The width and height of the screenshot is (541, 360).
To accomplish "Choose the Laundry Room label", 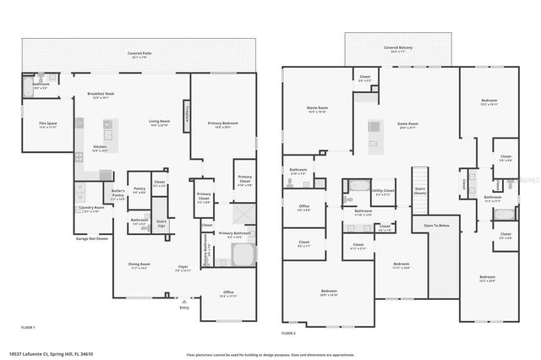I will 91,208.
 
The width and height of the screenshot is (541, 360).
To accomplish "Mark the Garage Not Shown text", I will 92,238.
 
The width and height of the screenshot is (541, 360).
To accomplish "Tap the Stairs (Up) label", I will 161,224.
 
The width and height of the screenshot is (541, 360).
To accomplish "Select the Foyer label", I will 183,268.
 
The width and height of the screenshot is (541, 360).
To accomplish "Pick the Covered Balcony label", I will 397,48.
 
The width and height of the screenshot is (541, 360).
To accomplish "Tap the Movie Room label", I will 317,109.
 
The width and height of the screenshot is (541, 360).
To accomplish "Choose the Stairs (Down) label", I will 421,190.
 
